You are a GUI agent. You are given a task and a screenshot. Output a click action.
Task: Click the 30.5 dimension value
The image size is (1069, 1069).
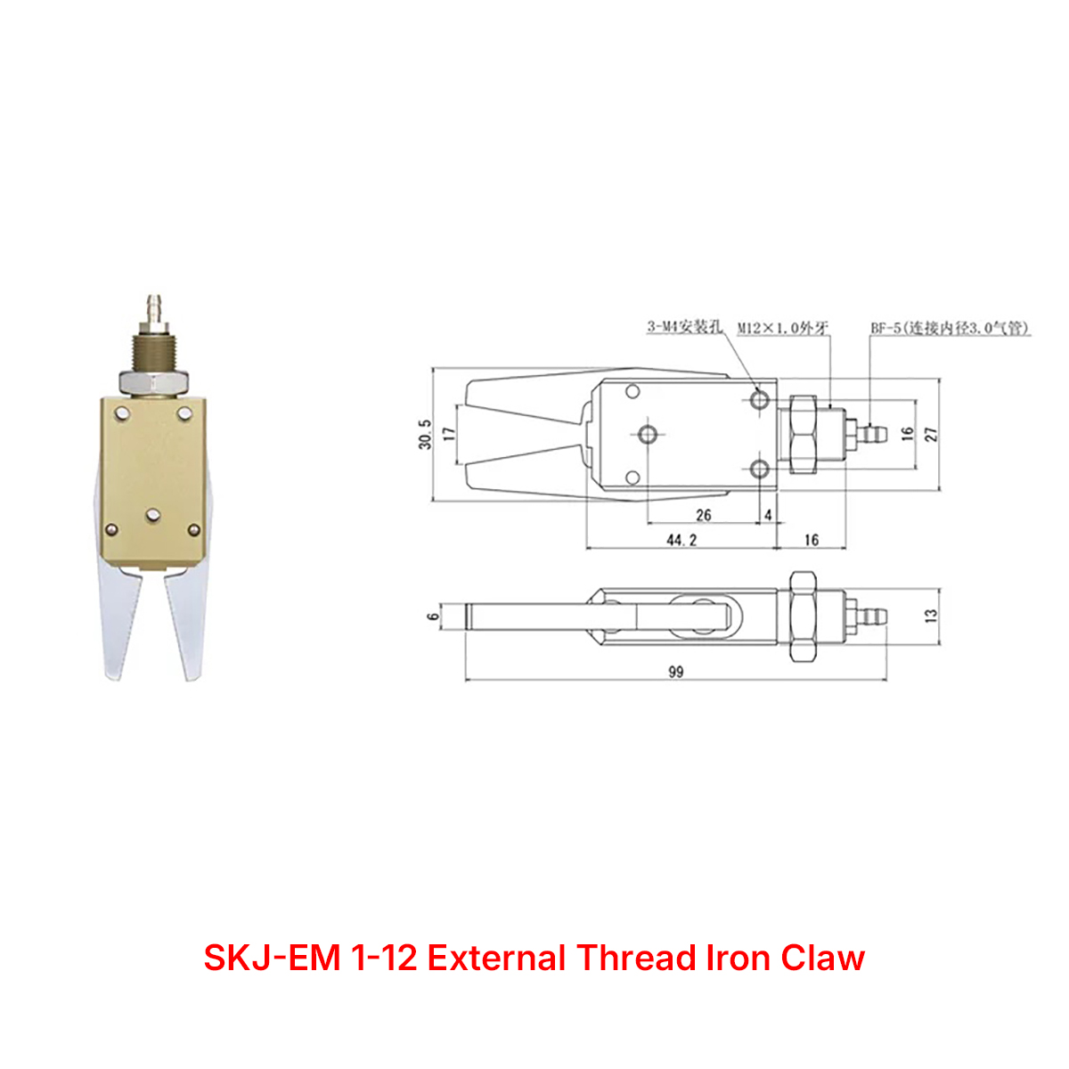(425, 434)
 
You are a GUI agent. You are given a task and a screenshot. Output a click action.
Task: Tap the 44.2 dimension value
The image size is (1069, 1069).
(681, 540)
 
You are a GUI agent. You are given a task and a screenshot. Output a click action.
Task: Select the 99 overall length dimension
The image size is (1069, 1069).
(675, 672)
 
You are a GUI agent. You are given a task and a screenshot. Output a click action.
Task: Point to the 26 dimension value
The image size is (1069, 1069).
(704, 515)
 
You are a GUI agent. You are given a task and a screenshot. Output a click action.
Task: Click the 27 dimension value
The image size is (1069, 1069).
(932, 434)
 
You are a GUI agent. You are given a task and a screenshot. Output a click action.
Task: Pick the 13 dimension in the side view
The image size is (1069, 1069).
(932, 615)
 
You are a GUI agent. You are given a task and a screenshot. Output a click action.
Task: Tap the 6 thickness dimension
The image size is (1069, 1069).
(433, 616)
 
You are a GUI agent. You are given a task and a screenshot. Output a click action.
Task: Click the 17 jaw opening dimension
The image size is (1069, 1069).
(449, 434)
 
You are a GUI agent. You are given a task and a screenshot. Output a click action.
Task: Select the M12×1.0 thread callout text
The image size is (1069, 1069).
(783, 328)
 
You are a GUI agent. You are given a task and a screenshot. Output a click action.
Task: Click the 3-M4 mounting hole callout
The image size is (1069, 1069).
(684, 327)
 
